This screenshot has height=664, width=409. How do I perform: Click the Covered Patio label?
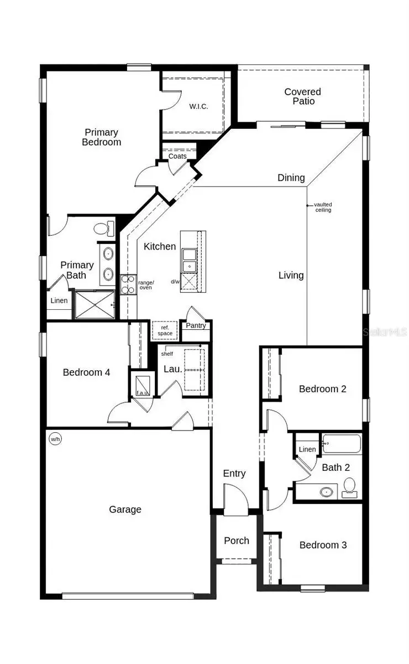[302, 96]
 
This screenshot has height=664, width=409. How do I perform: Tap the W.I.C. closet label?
[198, 106]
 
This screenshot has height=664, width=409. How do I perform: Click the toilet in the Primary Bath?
[103, 228]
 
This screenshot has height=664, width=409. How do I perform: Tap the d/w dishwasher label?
[175, 282]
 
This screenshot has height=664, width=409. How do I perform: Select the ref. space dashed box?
[165, 330]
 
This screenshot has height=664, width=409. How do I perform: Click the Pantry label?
[196, 325]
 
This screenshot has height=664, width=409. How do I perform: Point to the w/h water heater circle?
[55, 439]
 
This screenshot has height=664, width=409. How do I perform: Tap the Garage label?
[125, 510]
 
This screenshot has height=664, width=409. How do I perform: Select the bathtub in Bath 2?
[341, 444]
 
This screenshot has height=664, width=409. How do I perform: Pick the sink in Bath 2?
[327, 491]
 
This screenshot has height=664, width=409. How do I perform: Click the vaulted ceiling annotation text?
[323, 207]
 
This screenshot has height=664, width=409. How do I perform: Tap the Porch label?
[237, 541]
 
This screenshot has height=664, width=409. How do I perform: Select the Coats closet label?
[177, 156]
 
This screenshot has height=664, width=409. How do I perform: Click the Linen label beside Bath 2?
[307, 449]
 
